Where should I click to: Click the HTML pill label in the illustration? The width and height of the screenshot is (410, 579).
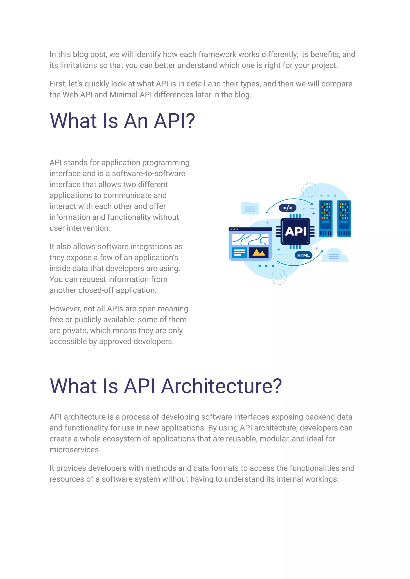303,255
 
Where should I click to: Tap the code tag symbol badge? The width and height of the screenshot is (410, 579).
287,208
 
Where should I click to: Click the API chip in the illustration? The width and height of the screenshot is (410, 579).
295,231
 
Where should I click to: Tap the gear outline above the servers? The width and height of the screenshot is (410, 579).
309,190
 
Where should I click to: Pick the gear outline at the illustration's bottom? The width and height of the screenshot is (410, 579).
279,277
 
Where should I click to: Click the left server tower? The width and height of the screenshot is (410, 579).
326,219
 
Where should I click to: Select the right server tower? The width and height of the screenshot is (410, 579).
344,219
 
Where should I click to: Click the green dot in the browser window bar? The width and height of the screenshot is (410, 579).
237,229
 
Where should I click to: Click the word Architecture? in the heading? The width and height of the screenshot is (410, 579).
221,386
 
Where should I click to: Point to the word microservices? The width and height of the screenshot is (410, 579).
75,450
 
